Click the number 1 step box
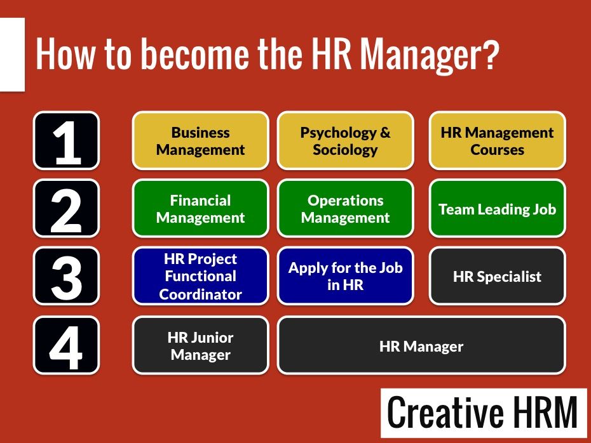(66, 141)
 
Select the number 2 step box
(66, 208)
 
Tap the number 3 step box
(66, 276)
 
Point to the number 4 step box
(66, 345)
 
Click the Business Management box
(201, 141)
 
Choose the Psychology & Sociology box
(345, 141)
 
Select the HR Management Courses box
(497, 141)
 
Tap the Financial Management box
(201, 208)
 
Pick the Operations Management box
(345, 208)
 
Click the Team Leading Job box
(497, 208)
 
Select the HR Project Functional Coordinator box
(201, 276)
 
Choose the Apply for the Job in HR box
(345, 276)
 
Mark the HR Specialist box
(497, 276)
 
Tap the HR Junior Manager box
(201, 345)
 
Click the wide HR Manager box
(421, 345)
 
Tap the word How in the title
(65, 55)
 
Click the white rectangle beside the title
(13, 55)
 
